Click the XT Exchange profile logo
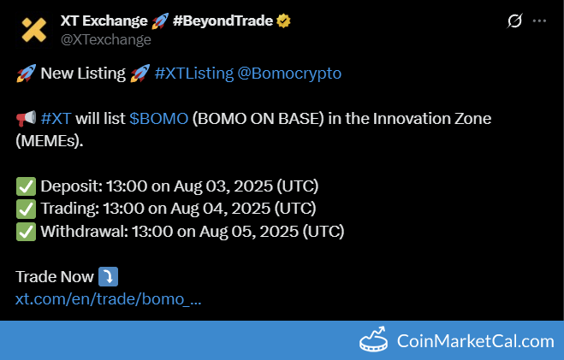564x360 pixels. point(34,30)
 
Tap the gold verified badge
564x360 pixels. point(283,21)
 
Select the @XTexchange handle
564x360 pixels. point(106,39)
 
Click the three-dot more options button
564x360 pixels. point(539,21)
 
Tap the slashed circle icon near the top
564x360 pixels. point(514,21)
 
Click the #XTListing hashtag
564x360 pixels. point(194,74)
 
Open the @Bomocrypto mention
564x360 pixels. point(289,74)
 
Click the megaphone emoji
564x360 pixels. point(26,118)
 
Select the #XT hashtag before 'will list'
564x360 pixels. point(56,118)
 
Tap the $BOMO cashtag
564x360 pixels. point(158,118)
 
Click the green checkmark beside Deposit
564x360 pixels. point(26,186)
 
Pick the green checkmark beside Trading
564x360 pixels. point(26,210)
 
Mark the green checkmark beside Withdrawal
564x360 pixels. point(26,232)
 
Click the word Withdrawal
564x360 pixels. point(84,231)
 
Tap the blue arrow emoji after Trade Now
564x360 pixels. point(109,277)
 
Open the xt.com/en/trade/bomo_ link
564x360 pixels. point(109,299)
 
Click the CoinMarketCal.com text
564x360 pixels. point(476,341)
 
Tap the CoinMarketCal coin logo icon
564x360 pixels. point(374,339)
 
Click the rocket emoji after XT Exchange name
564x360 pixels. point(160,21)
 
